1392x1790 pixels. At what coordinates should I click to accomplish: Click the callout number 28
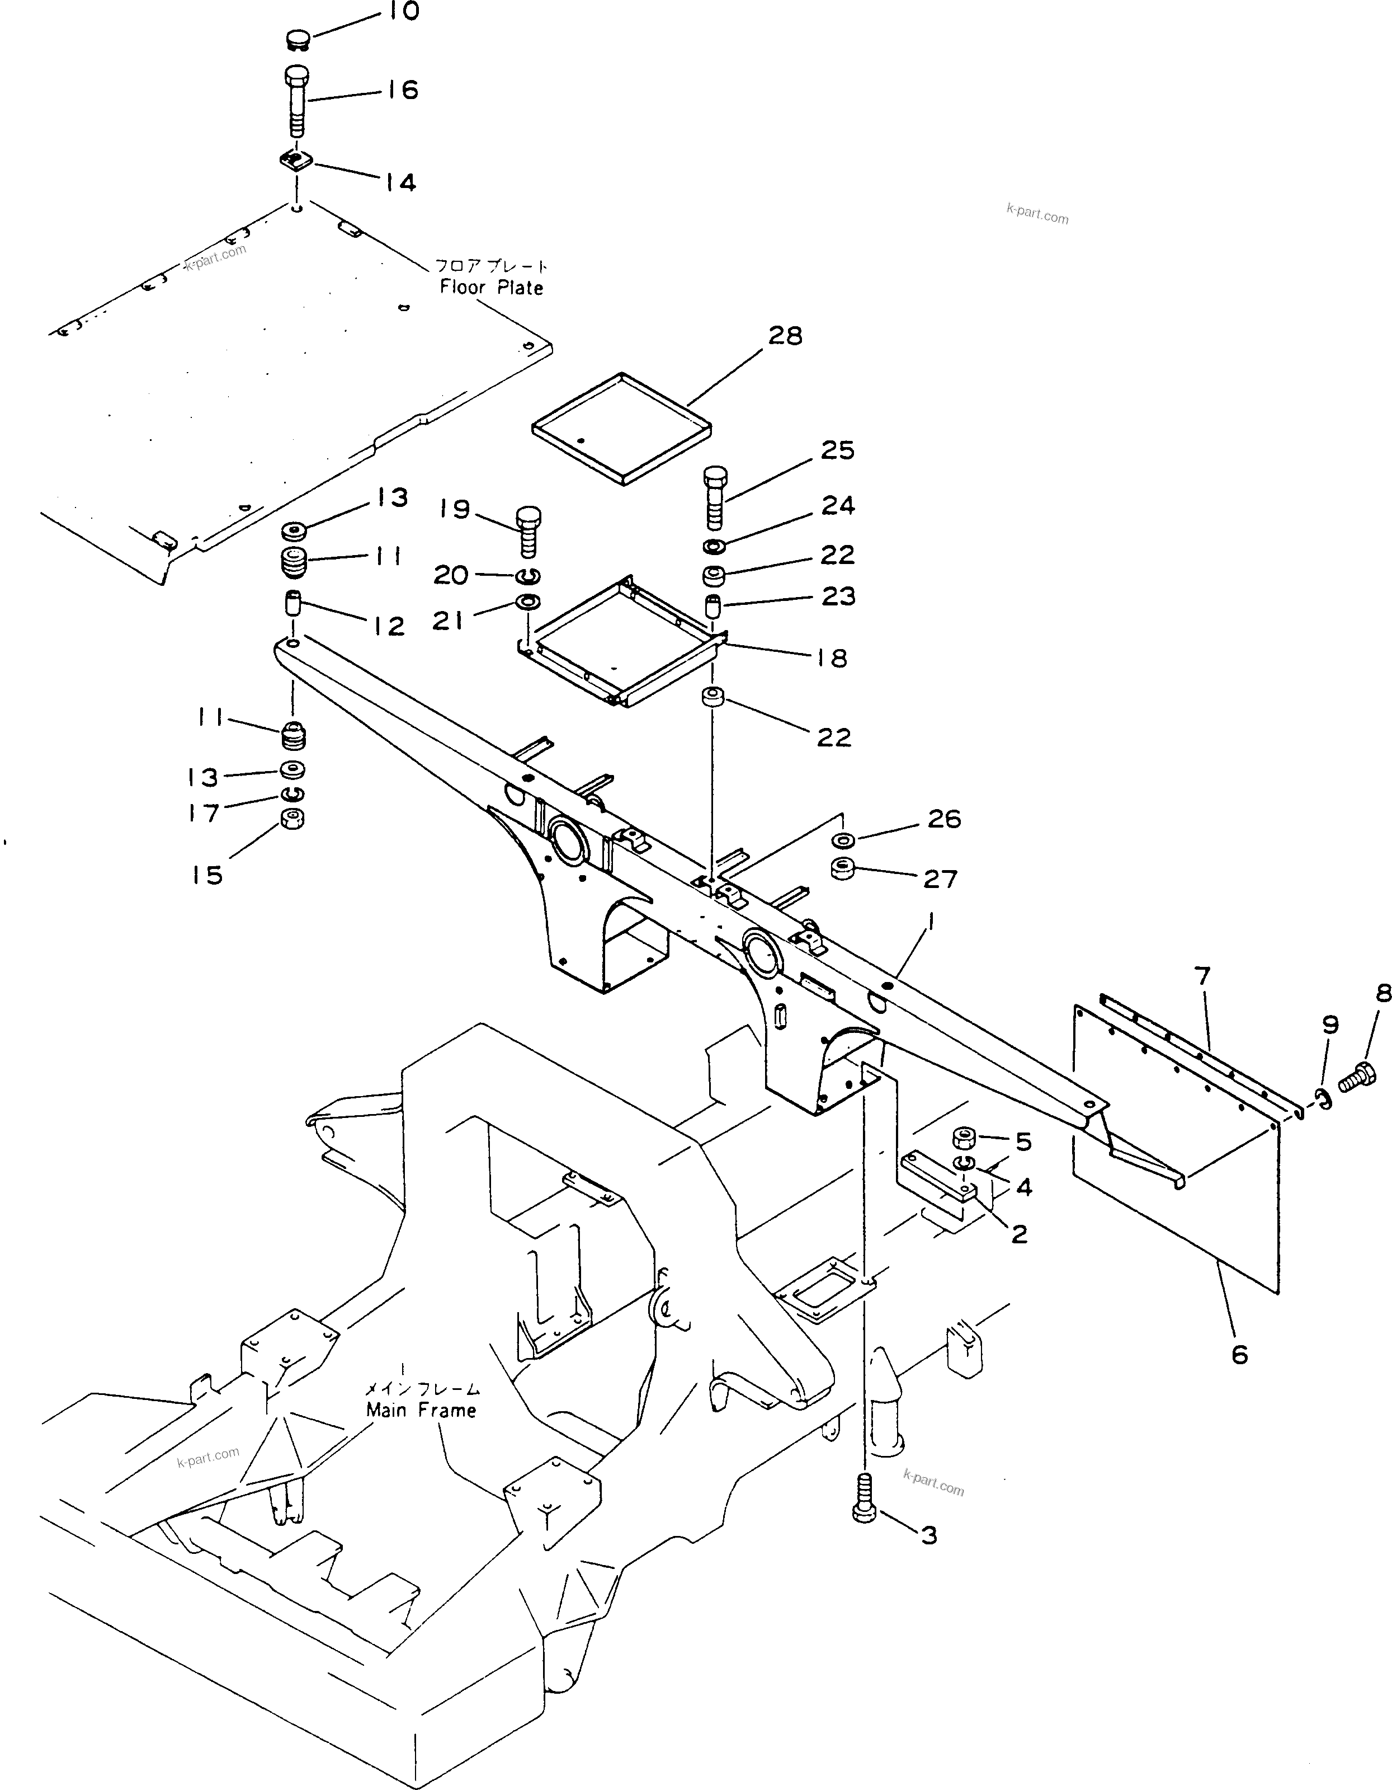coord(785,336)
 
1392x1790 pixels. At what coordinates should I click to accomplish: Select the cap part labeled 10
coord(298,39)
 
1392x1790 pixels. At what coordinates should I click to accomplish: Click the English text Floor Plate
coord(491,288)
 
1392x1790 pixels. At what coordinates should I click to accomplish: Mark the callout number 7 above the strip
coord(1202,977)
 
